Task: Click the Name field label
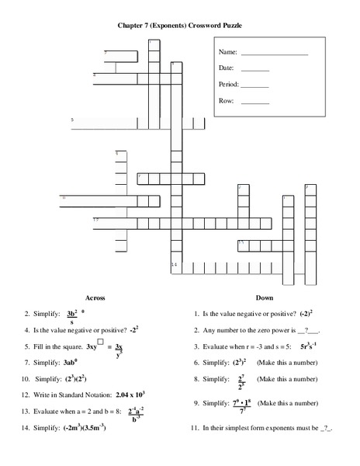pyautogui.click(x=227, y=52)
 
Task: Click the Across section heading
pyautogui.click(x=94, y=297)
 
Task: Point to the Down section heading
pyautogui.click(x=265, y=297)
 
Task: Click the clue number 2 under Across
pyautogui.click(x=27, y=315)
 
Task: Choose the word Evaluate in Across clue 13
pyautogui.click(x=47, y=411)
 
